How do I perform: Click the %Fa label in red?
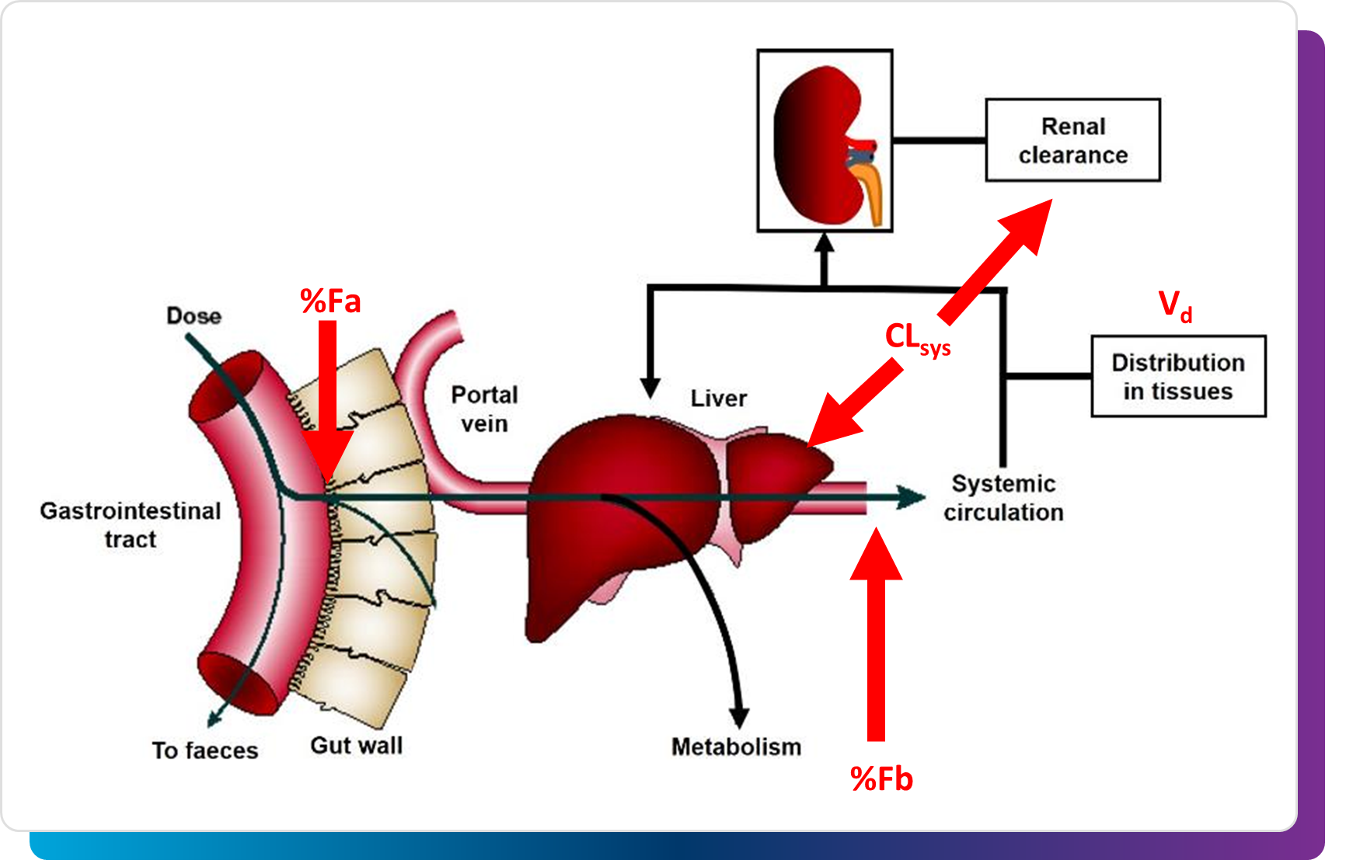coord(330,301)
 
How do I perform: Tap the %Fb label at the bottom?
coord(881,778)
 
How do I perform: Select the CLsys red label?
coord(917,339)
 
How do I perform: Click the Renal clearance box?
coord(1072,141)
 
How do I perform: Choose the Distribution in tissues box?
coord(1178,377)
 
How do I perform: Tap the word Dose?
coord(194,316)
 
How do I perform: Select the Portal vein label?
coord(484,409)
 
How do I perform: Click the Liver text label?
coord(718,399)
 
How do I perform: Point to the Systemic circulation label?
coord(1003,498)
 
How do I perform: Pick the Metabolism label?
coord(736,747)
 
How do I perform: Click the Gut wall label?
coord(356,746)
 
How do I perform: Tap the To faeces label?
coord(204,750)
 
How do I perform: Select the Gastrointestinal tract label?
coord(131,525)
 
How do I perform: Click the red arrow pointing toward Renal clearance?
coord(995,260)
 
